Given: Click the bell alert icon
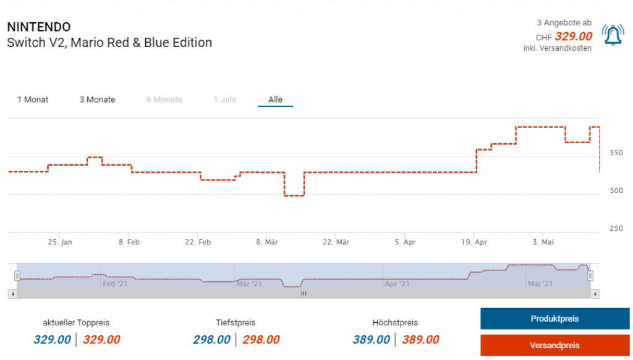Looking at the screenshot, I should tap(613, 35).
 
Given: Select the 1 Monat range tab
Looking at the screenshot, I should tap(33, 100).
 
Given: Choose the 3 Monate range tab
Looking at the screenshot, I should tap(97, 100).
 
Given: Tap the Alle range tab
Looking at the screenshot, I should tap(275, 100).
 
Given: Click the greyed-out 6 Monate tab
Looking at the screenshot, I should tap(164, 100).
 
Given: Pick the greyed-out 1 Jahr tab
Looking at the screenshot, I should tap(225, 100).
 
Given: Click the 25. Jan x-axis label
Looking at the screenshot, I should tap(60, 242).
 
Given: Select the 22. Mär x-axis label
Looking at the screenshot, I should tap(336, 242).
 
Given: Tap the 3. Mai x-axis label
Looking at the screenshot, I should tap(543, 242).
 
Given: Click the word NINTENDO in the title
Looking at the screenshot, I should tap(38, 27).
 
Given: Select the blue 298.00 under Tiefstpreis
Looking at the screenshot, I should tap(211, 340).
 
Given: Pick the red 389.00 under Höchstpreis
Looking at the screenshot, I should tap(420, 340).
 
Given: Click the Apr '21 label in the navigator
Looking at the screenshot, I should tap(396, 284).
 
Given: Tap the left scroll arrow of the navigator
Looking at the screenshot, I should tap(12, 294).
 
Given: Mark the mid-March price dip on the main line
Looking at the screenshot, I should tap(294, 195).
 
